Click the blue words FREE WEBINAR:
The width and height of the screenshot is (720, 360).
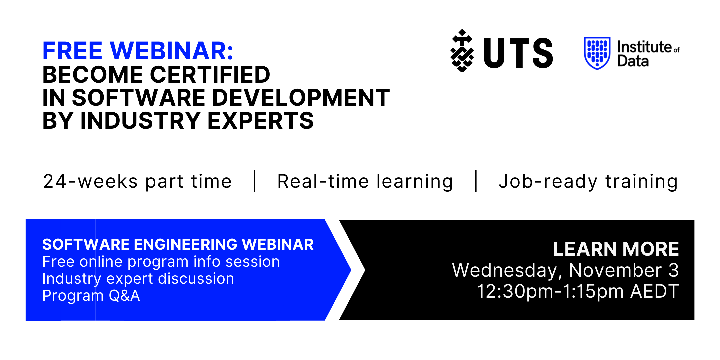138,51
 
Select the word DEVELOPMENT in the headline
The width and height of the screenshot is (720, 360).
301,98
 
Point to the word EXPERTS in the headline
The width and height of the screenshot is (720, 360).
261,120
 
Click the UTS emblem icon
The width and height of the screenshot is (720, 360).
462,51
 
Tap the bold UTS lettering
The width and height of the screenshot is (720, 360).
518,53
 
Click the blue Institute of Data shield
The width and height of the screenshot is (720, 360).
597,53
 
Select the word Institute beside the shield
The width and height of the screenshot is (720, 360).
644,47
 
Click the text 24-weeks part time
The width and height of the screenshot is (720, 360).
137,182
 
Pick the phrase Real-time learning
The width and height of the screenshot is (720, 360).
365,182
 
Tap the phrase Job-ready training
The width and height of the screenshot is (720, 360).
588,182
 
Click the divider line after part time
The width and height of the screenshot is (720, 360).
255,181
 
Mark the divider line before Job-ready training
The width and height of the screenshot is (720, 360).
476,181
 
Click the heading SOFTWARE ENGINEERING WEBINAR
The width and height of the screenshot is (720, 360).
178,244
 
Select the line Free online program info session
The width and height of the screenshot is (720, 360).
161,262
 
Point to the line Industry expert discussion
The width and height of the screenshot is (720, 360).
138,279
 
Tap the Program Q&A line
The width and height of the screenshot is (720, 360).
91,296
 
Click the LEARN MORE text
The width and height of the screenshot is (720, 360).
616,249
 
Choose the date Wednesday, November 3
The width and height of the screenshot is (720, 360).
565,270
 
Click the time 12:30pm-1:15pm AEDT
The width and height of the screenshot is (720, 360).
578,291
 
